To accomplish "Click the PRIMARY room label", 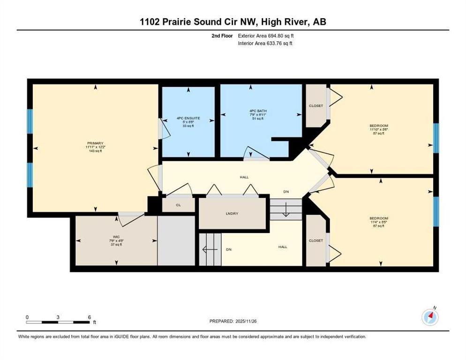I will pos(95,143).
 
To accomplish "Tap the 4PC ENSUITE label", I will pos(188,118).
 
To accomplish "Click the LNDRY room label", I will pos(232,213).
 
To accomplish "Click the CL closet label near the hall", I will pos(178,205).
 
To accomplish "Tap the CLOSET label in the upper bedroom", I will pos(316,106).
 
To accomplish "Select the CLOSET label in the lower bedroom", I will pos(316,240).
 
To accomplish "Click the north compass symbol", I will pos(430,317).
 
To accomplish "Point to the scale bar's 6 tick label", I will pos(89,317).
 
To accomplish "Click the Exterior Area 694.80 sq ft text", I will pos(266,35).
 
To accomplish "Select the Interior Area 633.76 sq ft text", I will pos(265,43).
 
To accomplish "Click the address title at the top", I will pos(233,22).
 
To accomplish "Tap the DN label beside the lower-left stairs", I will pos(228,250).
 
